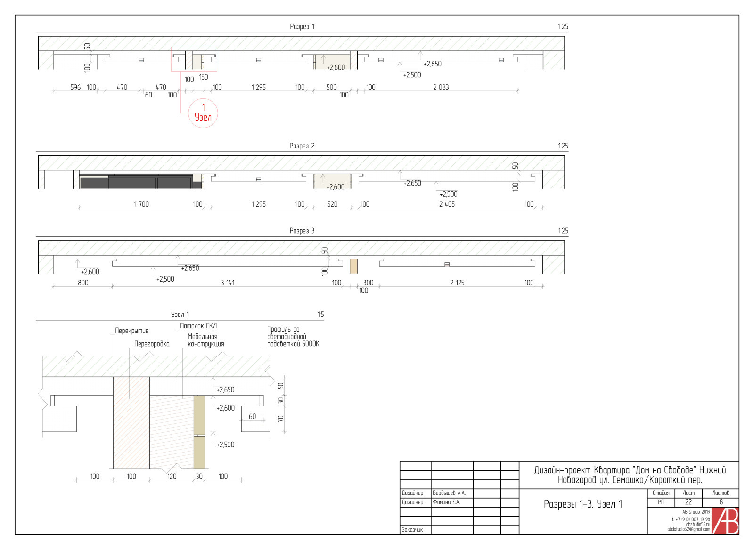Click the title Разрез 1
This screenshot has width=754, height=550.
pyautogui.click(x=302, y=26)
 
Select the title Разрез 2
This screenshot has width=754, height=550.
pyautogui.click(x=302, y=146)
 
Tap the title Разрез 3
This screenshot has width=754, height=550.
pyautogui.click(x=302, y=231)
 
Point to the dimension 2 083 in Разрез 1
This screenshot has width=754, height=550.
pyautogui.click(x=441, y=88)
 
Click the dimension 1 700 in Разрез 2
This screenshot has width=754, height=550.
pyautogui.click(x=141, y=204)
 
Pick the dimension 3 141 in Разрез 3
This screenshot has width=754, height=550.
pyautogui.click(x=228, y=283)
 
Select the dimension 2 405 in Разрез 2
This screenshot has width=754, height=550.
pyautogui.click(x=447, y=204)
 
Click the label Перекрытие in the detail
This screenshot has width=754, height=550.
pyautogui.click(x=131, y=331)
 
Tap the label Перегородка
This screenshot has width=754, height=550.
pyautogui.click(x=152, y=344)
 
